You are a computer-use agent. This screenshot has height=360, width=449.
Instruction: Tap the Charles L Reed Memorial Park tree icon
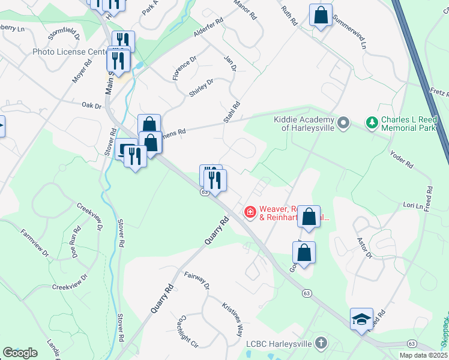coord(372,123)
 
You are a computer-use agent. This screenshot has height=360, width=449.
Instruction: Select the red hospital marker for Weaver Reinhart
coord(249,212)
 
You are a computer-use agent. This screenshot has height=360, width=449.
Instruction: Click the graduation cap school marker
coord(361,319)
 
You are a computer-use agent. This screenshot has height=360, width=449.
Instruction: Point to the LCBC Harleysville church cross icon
coord(321,343)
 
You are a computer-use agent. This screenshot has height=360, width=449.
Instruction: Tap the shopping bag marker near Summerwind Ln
coord(321,14)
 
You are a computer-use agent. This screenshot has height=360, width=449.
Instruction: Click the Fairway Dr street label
coord(196,279)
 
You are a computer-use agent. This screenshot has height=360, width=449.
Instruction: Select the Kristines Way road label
coord(232,318)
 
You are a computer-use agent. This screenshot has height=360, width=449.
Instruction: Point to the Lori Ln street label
coord(413,205)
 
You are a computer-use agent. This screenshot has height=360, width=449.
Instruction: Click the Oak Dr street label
coord(92,106)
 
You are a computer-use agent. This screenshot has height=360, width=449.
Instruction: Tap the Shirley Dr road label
coord(201,88)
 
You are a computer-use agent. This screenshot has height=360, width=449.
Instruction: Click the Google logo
coord(20,352)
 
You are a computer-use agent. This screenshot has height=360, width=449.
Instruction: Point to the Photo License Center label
coord(70,52)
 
